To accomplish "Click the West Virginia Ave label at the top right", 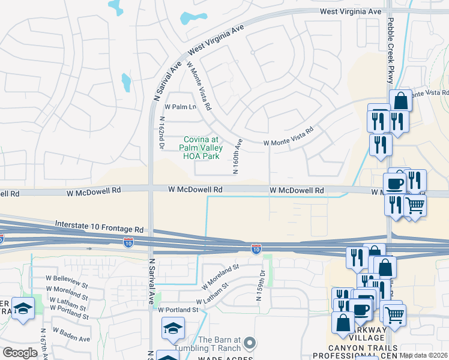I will tap(351, 11).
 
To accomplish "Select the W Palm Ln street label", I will tap(181, 107).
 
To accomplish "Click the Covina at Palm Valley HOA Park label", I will tap(203, 148).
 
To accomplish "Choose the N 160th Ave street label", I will tap(237, 157).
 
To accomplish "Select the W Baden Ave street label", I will tap(71, 335).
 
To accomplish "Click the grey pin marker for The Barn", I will tap(250, 343).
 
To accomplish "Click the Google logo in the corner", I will tap(20, 353).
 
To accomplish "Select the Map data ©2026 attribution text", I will tap(424, 355).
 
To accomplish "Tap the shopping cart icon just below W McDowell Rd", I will tap(415, 205).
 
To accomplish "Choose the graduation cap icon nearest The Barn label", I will tap(173, 328).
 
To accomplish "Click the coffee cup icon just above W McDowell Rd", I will tap(395, 182).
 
